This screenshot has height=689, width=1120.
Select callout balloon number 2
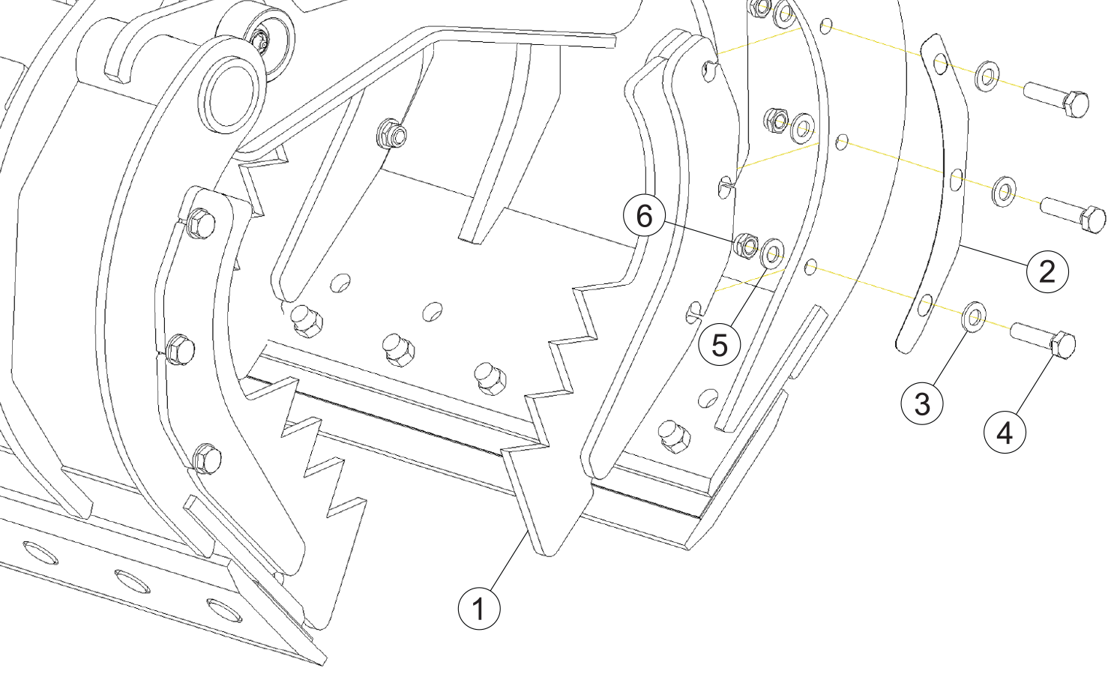[x=1047, y=270]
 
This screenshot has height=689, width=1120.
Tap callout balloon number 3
[x=922, y=403]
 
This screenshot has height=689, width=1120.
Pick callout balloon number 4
[x=1005, y=433]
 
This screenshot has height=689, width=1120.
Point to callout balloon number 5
[x=719, y=345]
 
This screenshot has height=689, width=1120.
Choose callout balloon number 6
[x=644, y=216]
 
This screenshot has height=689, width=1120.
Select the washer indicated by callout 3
[x=974, y=317]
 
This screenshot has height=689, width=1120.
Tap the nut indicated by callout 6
[x=745, y=245]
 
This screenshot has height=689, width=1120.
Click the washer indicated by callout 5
[x=771, y=253]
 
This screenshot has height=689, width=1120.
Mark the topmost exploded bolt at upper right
[x=1058, y=98]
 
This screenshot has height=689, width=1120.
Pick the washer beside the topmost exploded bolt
[x=987, y=76]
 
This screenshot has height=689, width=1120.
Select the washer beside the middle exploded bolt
[x=1004, y=190]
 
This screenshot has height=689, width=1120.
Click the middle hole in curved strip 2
[x=956, y=179]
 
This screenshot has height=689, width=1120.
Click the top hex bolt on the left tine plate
[x=200, y=223]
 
